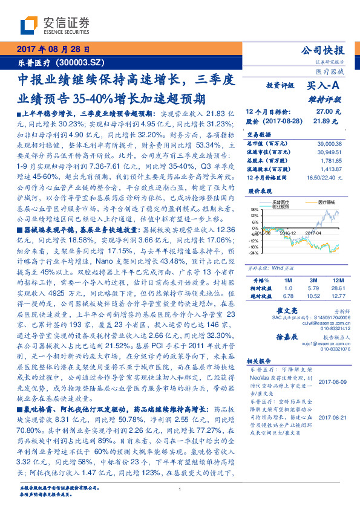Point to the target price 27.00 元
[329, 111]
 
